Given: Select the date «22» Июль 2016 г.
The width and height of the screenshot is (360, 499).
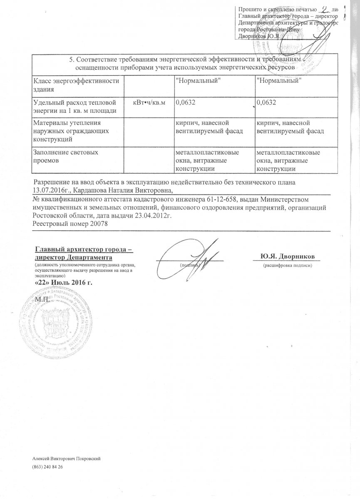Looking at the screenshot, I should [62, 283].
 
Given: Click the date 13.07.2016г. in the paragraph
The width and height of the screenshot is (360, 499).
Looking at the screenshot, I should [50, 190].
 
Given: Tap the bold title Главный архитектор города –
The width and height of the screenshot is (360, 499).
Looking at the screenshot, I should [83, 249].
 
